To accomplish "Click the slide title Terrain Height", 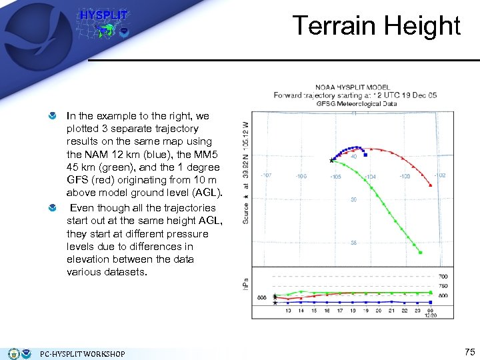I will (377, 26).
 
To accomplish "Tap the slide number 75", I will (469, 352).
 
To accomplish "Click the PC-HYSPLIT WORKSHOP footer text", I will (82, 353).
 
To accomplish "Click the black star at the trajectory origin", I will (331, 160).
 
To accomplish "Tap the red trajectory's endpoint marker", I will (430, 185).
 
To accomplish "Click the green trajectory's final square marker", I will (421, 252).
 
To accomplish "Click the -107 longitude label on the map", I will (267, 176).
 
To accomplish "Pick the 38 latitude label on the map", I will (353, 243).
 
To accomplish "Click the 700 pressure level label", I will (443, 276).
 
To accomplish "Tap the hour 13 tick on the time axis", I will (288, 311).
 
